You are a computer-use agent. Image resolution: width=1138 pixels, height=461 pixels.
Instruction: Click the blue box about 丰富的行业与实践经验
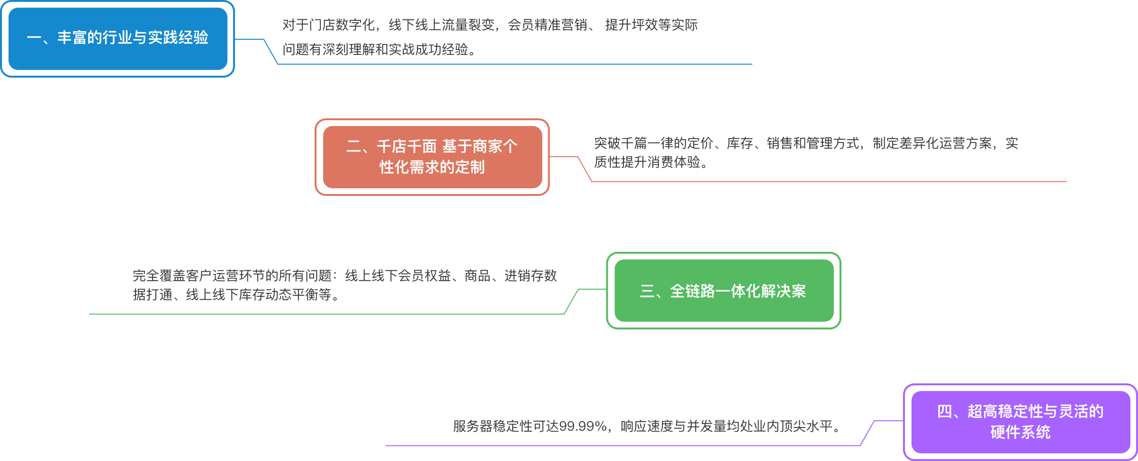coord(117,38)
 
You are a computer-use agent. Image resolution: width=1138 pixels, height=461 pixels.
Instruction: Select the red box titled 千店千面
coord(432,157)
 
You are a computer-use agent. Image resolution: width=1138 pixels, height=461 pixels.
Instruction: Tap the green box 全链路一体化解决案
coord(723,291)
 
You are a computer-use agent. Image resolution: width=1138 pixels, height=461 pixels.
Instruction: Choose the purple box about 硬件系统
coord(1021,422)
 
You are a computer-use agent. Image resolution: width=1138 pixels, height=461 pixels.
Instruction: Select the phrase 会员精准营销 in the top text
coord(547,25)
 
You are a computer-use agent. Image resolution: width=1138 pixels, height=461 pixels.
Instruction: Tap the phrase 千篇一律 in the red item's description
coord(647,143)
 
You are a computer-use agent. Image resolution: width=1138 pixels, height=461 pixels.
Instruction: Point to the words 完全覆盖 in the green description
coord(159,276)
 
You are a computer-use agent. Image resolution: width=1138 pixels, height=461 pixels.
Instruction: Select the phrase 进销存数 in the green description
coord(530,276)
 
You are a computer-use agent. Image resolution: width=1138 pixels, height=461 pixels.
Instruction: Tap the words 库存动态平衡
coord(278,295)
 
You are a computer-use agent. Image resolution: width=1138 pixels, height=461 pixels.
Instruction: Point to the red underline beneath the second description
coord(829,181)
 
